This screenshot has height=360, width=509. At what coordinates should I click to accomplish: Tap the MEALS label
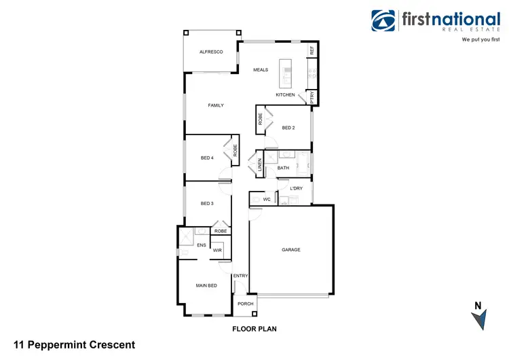(x=261, y=70)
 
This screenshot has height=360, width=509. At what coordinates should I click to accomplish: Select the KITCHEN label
(x=285, y=95)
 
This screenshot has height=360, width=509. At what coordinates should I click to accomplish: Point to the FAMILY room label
(x=216, y=105)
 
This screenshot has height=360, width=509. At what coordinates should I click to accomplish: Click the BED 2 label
(x=288, y=128)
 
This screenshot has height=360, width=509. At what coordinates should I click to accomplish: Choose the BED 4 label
(x=207, y=158)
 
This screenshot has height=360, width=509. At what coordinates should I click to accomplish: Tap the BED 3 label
(x=207, y=204)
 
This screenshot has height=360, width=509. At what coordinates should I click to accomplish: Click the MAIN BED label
(x=206, y=285)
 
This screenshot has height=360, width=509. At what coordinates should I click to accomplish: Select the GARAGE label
(x=291, y=250)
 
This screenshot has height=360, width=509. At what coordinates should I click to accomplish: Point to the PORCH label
(x=245, y=304)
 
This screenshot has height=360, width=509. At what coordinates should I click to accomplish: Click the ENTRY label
(x=241, y=276)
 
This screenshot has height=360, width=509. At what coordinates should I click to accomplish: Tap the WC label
(x=267, y=200)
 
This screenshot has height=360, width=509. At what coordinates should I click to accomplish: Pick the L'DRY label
(x=296, y=188)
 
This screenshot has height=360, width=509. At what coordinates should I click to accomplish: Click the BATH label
(x=283, y=168)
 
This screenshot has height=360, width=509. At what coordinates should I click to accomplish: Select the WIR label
(x=217, y=251)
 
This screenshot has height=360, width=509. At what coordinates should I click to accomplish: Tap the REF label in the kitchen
(x=312, y=50)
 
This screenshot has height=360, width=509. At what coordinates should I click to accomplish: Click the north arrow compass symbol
(x=478, y=317)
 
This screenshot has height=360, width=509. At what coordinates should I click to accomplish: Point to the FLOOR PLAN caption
(x=254, y=329)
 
